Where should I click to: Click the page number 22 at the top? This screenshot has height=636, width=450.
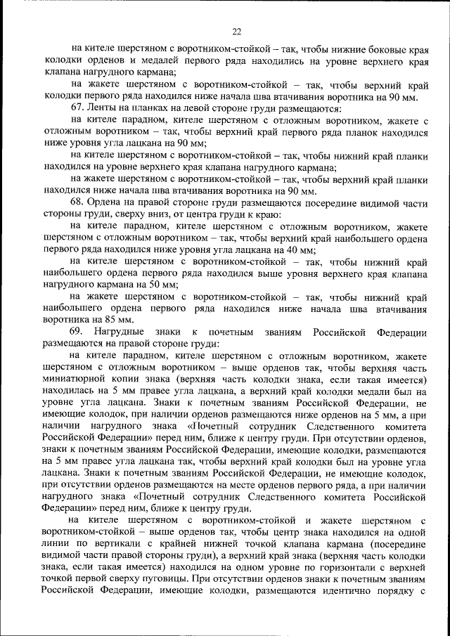click(x=236, y=31)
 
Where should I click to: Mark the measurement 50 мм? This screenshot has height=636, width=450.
click(x=162, y=285)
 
